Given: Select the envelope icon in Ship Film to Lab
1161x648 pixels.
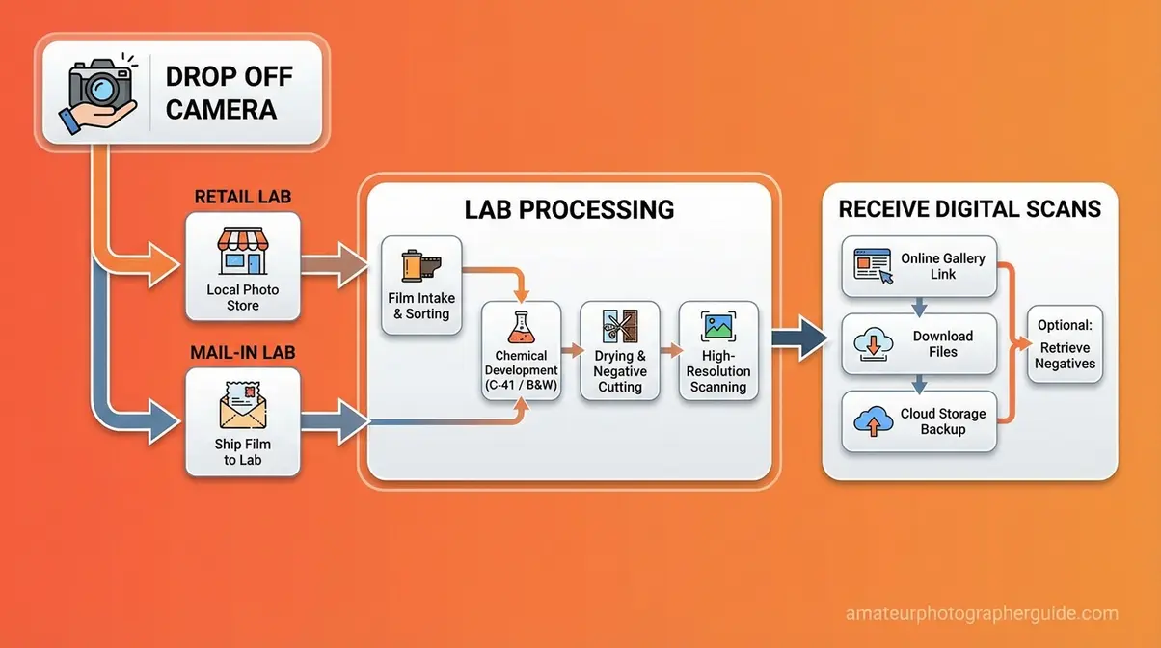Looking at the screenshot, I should pos(242,404).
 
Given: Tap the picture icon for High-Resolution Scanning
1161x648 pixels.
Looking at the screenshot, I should pos(717,328).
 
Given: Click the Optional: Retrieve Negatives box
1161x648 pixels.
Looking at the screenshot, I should pos(1065,344).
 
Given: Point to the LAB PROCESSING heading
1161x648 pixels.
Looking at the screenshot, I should pos(568,209).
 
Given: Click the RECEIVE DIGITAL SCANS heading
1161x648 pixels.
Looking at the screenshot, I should pos(969,209).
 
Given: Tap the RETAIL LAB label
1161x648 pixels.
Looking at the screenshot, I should pos(242,198).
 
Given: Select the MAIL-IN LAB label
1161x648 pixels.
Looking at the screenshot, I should pos(242,353).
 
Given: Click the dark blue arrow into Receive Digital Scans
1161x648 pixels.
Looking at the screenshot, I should pos(800,340).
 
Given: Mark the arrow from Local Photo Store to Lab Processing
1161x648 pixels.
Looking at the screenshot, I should pos(336,262).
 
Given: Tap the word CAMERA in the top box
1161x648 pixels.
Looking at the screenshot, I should pos(221,109).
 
